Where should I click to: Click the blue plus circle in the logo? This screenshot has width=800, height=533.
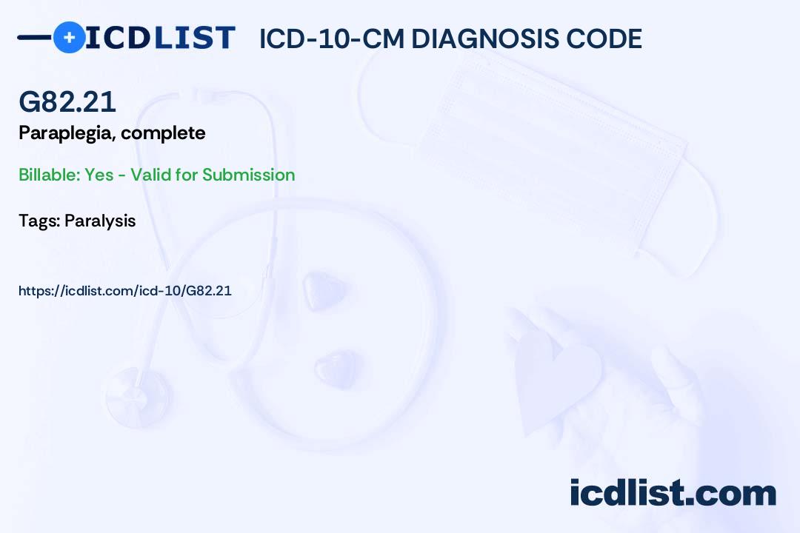pyautogui.click(x=69, y=37)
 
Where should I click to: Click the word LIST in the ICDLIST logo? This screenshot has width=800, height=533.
pyautogui.click(x=194, y=38)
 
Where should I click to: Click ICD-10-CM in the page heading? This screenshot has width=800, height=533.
pyautogui.click(x=332, y=38)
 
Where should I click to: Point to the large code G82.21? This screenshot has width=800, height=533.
pyautogui.click(x=67, y=101)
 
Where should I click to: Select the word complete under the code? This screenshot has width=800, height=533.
pyautogui.click(x=163, y=133)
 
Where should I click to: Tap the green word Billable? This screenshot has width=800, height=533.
pyautogui.click(x=50, y=175)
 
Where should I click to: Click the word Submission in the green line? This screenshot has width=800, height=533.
pyautogui.click(x=248, y=175)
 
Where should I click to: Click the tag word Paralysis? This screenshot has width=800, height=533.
pyautogui.click(x=100, y=221)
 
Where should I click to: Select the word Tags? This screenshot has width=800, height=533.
pyautogui.click(x=39, y=221)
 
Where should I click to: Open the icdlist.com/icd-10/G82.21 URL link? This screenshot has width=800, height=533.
pyautogui.click(x=125, y=291)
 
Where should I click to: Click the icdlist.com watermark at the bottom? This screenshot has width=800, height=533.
pyautogui.click(x=673, y=493)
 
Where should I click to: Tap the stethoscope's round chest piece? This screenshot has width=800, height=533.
pyautogui.click(x=137, y=395)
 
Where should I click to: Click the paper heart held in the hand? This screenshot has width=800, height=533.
pyautogui.click(x=556, y=378)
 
